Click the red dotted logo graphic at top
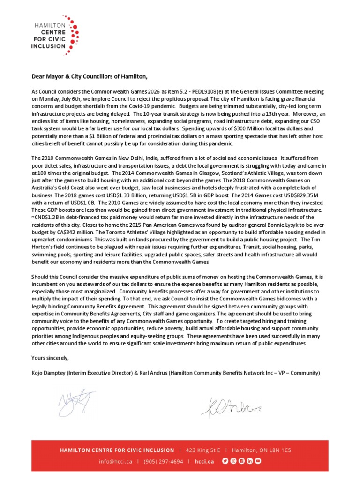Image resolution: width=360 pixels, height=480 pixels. coord(70,35)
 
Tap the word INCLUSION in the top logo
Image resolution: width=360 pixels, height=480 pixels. coord(47,46)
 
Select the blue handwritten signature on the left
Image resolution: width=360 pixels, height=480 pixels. coord(75,402)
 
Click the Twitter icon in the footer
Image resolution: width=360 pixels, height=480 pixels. coord(225,461)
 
